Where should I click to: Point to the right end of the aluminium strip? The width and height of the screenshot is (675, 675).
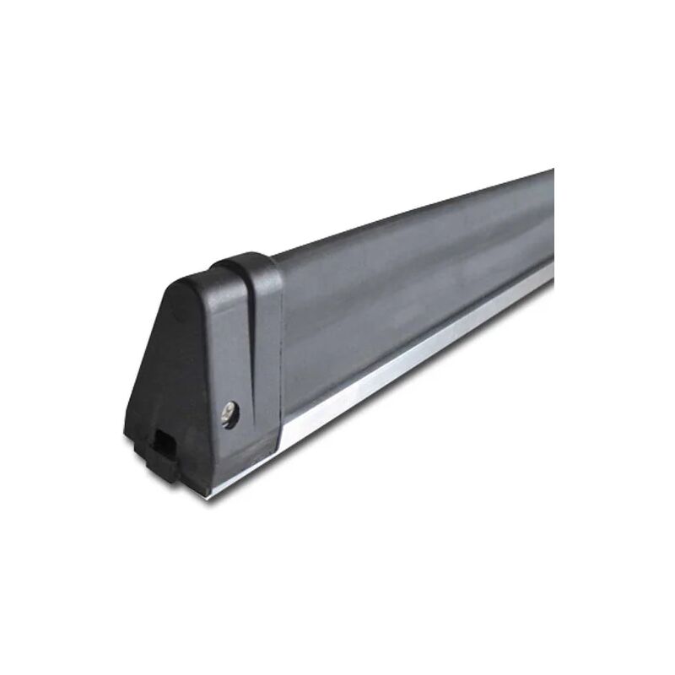[x=551, y=269]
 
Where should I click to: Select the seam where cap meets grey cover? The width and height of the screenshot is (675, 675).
[x=281, y=337]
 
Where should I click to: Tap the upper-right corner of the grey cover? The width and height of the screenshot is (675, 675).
[x=551, y=173]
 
